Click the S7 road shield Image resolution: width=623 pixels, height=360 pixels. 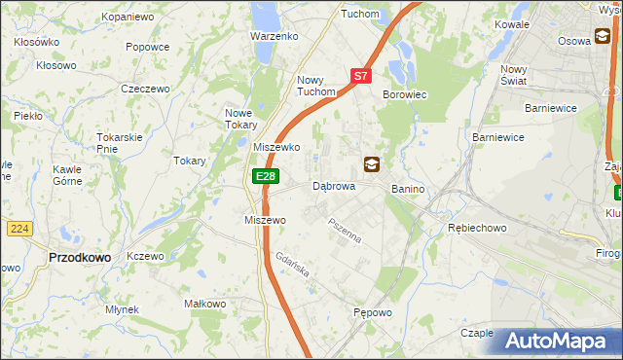(x=360, y=75)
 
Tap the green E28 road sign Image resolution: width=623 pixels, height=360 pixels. (x=266, y=176)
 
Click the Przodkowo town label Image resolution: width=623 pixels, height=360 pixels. (x=78, y=257)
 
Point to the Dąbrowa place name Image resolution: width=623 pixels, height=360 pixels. (x=333, y=185)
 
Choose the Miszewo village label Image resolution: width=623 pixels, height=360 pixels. (x=265, y=220)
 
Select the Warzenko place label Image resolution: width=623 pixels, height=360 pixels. (x=273, y=36)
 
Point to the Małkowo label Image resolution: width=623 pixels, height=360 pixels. (x=205, y=304)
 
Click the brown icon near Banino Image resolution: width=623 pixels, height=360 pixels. (x=372, y=163)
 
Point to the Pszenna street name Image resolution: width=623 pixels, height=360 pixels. (x=345, y=231)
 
